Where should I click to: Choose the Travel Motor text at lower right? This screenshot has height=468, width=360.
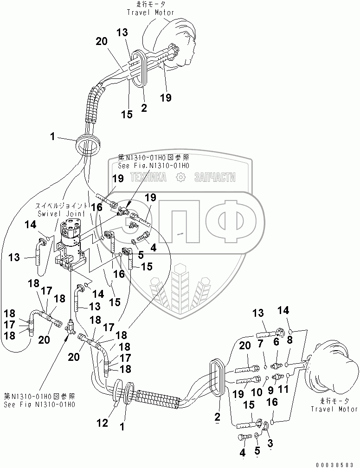click(x=332, y=409)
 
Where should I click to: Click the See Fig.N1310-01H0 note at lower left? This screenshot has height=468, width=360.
click(x=39, y=404)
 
